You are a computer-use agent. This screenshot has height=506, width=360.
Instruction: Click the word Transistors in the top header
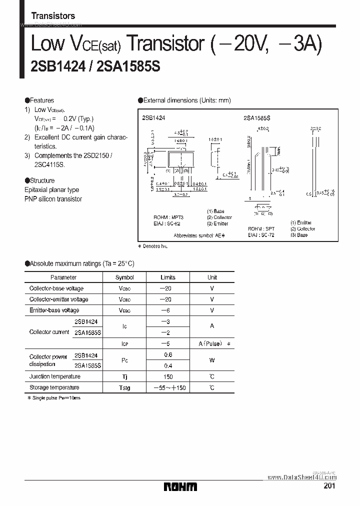(x=53, y=16)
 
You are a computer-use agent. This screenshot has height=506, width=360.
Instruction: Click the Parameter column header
(x=63, y=277)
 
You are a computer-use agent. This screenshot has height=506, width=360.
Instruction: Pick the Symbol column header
(x=124, y=277)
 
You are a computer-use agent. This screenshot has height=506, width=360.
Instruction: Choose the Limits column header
(x=168, y=277)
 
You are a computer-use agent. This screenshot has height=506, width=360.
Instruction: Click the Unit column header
(x=212, y=277)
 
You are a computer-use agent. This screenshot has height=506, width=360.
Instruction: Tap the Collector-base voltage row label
(x=56, y=288)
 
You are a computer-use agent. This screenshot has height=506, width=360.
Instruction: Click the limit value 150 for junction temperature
(x=168, y=376)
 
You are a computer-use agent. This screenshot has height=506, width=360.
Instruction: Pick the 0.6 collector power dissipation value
(x=168, y=354)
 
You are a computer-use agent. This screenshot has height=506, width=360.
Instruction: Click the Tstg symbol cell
(x=124, y=387)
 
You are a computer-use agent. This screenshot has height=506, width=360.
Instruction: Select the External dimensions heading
(x=187, y=100)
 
